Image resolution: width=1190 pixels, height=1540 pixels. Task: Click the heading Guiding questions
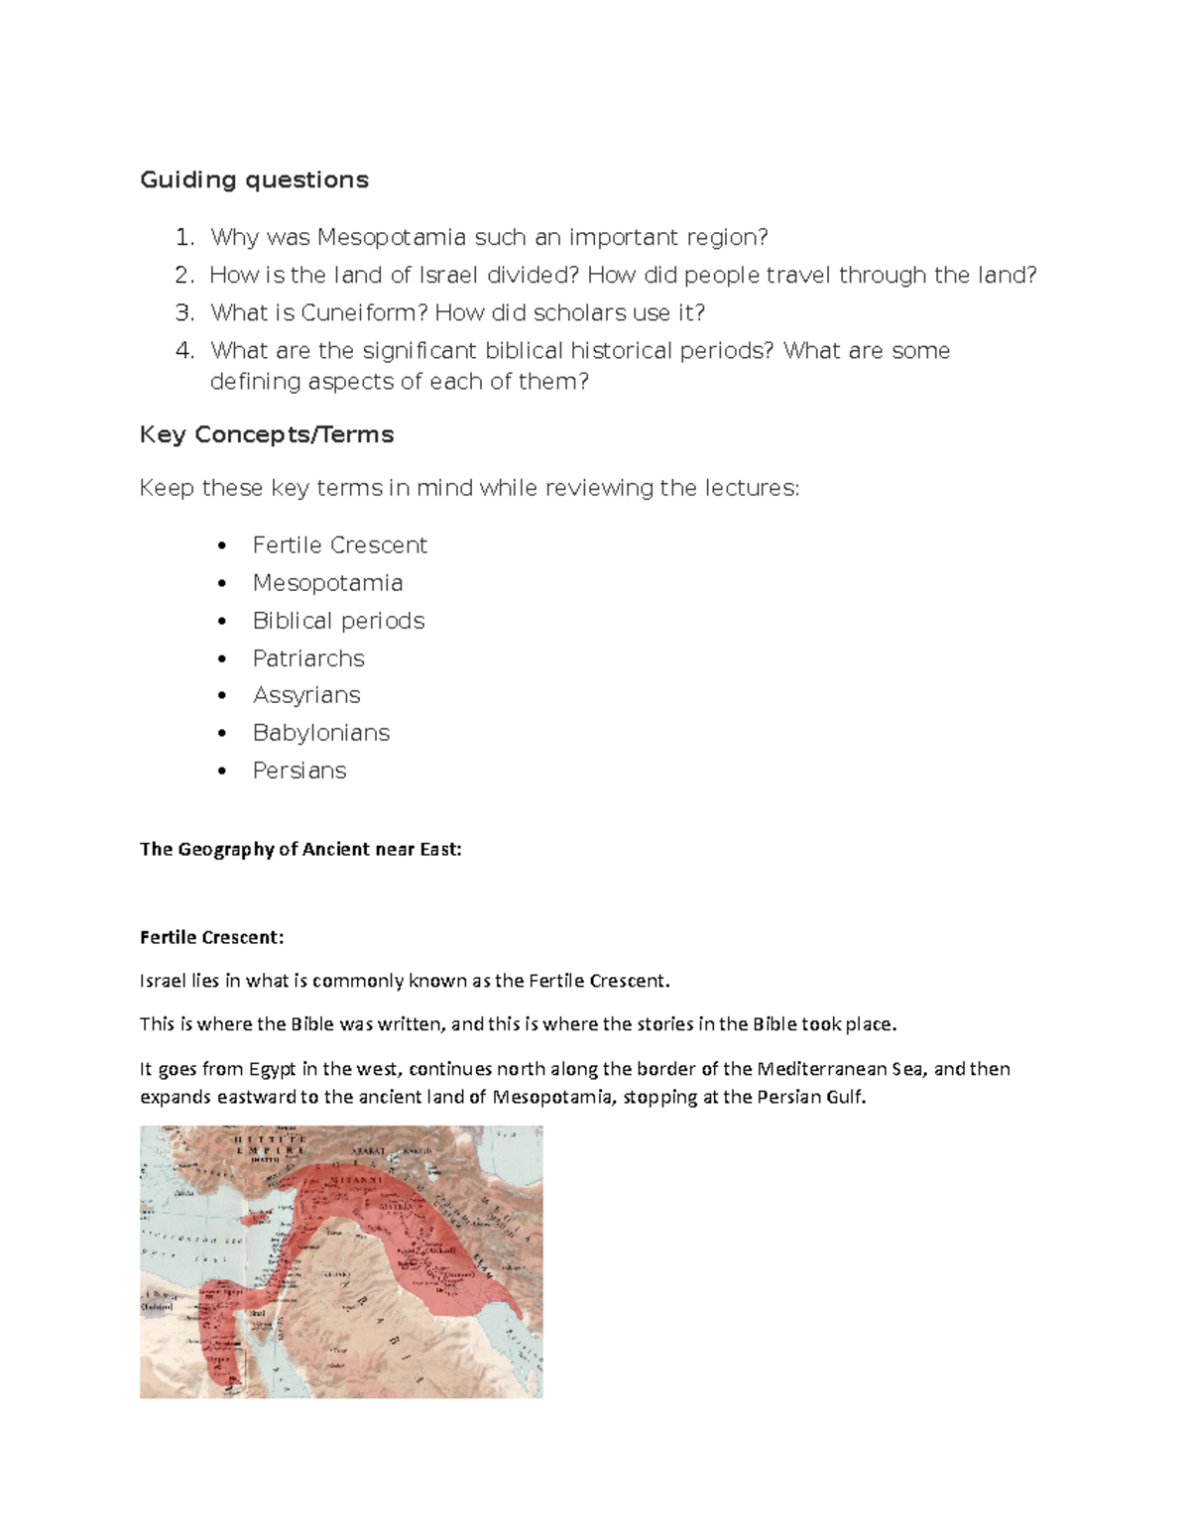click(254, 179)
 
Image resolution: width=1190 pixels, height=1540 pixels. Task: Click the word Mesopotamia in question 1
click(392, 237)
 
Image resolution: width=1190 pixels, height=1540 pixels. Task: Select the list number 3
click(183, 313)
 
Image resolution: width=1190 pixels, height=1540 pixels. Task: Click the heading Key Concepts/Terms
click(267, 434)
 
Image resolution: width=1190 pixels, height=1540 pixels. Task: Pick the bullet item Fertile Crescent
click(339, 545)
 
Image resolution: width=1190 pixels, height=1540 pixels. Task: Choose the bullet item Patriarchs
click(308, 658)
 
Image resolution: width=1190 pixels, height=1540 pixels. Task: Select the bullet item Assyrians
click(306, 695)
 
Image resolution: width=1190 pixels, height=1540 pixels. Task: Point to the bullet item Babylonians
click(321, 733)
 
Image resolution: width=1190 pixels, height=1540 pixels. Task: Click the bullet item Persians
click(299, 770)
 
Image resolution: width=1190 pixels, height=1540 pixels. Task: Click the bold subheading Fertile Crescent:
click(211, 937)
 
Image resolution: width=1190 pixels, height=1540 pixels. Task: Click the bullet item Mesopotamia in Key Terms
click(327, 583)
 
